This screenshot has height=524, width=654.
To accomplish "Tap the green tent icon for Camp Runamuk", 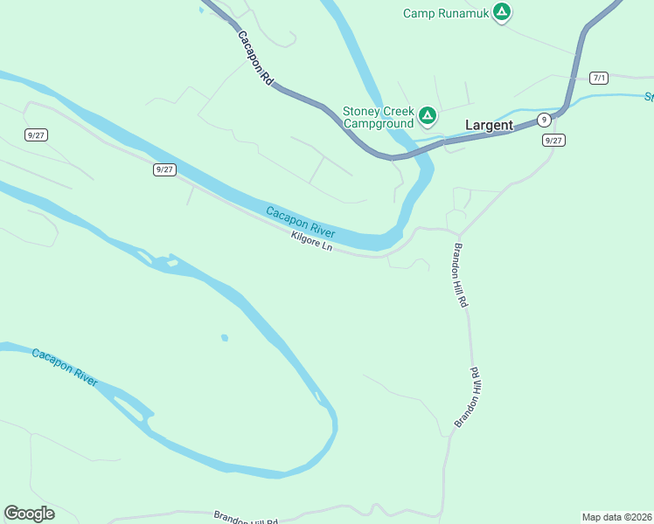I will click(x=501, y=12).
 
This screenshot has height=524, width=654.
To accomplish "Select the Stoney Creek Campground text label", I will click(x=378, y=117).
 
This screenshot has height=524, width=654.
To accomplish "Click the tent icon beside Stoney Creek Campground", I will click(x=428, y=115).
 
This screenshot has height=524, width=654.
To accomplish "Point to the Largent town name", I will click(x=489, y=125).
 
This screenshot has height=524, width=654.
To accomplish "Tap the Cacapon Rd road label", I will click(x=256, y=59).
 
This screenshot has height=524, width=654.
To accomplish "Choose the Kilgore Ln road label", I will click(x=312, y=242).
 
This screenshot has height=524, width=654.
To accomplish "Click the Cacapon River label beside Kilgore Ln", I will click(x=301, y=223).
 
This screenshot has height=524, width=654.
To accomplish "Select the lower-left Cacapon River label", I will click(x=65, y=366).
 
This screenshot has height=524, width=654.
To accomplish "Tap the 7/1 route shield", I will click(x=599, y=78).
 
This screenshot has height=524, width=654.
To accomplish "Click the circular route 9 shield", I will click(x=544, y=120).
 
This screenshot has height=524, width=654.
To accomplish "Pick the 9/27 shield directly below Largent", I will click(x=553, y=140).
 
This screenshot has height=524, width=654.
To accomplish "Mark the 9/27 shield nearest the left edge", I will click(x=36, y=134).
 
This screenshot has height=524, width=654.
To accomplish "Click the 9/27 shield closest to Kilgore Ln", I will click(x=163, y=169).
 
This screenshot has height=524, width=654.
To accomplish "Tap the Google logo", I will click(x=29, y=514).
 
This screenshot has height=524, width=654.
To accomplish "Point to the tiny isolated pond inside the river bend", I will click(x=225, y=337).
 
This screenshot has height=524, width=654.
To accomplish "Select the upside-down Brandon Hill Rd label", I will click(x=469, y=397).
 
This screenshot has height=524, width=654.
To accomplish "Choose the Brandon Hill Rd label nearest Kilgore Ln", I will click(x=460, y=275).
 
